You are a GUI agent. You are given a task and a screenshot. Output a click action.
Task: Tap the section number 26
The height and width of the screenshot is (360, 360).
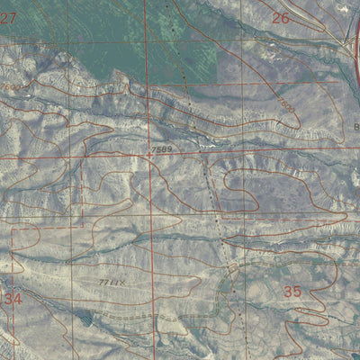pyautogui.click(x=281, y=18)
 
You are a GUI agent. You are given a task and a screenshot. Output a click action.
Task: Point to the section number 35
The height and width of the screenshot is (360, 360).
pyautogui.click(x=292, y=292)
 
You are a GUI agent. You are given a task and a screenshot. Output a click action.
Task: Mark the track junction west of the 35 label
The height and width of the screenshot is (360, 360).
pyautogui.click(x=232, y=267)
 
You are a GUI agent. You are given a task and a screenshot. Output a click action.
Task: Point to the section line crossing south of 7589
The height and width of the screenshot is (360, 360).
pyautogui.click(x=150, y=219)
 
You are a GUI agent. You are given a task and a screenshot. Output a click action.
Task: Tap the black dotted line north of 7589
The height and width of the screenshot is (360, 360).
pyautogui.click(x=180, y=72)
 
